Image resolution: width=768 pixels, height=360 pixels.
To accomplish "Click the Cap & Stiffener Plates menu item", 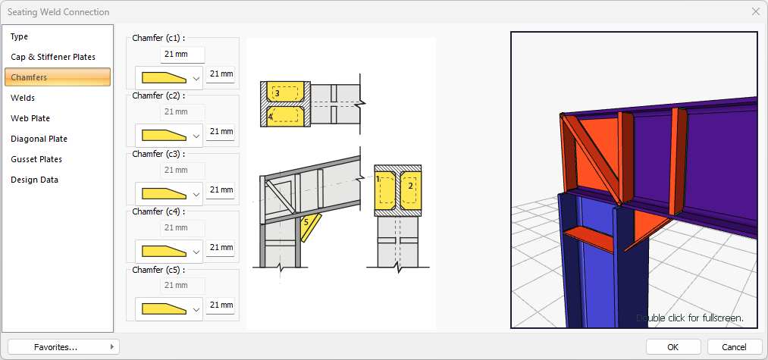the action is point(53,57).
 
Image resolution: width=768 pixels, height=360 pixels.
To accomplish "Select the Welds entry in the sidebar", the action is point(23,98).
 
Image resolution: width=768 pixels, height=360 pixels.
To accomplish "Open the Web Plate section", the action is point(30,118).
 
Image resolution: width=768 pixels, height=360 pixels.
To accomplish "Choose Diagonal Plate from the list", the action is point(39,139).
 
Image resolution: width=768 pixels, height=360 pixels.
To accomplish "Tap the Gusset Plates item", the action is point(36,159).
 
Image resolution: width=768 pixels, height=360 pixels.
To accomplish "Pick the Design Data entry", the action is point(34,180).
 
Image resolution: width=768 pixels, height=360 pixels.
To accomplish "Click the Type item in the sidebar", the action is point(20,36).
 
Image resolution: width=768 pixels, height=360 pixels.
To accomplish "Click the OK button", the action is point(672,347).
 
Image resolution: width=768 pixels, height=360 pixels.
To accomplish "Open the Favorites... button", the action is point(64,347).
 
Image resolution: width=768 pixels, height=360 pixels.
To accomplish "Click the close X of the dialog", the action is point(756,12).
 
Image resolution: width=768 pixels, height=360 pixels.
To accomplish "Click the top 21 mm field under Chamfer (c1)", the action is point(183,55).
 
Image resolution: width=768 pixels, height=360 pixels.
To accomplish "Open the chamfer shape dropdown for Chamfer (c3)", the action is point(169,194).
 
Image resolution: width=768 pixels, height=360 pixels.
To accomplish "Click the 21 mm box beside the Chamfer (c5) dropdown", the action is point(220,305).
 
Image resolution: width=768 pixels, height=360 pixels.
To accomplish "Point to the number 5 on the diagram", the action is point(306,222).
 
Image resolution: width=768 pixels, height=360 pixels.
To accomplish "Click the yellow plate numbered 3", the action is point(284,92).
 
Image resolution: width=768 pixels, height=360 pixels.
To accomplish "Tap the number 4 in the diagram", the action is point(271,117).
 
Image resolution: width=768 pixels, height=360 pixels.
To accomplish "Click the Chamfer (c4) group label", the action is point(158,212).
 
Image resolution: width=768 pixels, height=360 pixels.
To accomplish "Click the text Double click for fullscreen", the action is point(690,318).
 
